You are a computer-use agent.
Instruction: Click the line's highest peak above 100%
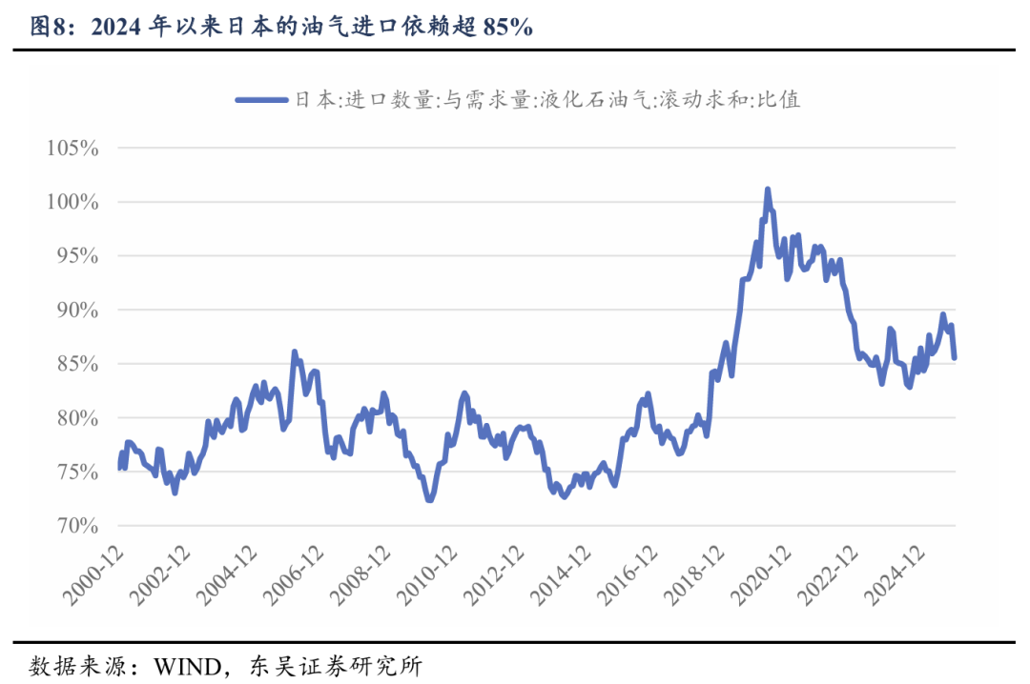[x=768, y=191]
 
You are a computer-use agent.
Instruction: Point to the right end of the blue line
[x=955, y=357]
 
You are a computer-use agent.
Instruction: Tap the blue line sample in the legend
[x=261, y=99]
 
